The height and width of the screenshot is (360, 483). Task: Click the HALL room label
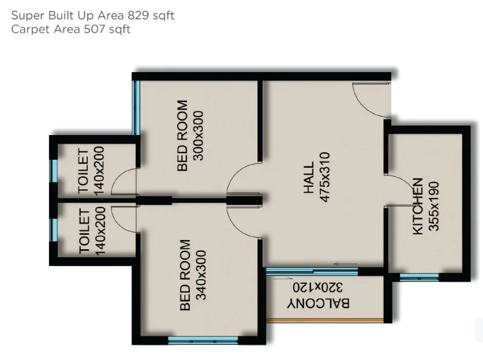coord(309,178)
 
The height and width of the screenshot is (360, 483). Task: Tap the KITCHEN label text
coord(418,207)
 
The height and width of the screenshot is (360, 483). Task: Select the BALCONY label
coord(319,303)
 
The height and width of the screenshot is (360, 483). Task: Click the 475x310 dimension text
coord(325,177)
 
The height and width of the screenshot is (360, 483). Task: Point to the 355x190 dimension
coord(434,207)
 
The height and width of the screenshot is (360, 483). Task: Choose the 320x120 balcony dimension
coord(317,287)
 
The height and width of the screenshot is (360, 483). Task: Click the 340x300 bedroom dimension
coord(201,275)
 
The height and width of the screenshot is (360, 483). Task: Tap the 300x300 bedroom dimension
coord(198,136)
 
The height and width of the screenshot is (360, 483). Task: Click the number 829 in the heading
coord(138,16)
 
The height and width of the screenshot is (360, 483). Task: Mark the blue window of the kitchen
coord(420,277)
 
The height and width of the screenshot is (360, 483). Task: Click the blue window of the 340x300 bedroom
coord(203,340)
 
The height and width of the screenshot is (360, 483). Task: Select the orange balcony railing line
coord(325,321)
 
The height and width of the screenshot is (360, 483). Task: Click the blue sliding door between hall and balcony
coord(312,271)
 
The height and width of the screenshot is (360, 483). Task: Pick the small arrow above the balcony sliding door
coord(345,264)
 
